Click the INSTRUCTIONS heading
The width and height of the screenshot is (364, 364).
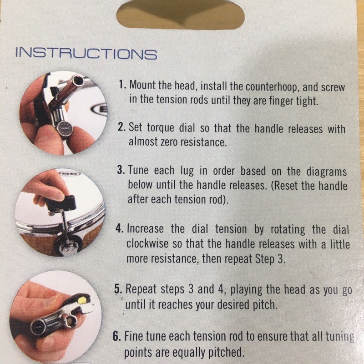click(86, 54)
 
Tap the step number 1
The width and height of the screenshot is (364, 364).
click(122, 85)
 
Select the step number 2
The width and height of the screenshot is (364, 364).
click(121, 127)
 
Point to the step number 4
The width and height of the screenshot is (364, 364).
click(120, 229)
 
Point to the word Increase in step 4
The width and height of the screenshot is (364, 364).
click(145, 229)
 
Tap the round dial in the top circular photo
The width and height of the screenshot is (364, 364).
click(66, 127)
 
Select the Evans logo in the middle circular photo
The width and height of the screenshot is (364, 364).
click(69, 174)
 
